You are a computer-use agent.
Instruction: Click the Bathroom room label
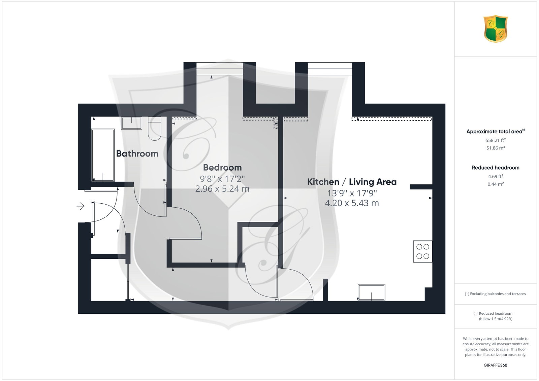tap(137, 153)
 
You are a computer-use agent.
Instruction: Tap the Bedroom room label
tap(222, 168)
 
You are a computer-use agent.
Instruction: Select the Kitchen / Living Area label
tap(352, 182)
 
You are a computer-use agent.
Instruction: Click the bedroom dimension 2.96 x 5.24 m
tap(222, 189)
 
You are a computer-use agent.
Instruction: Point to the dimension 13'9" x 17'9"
tap(352, 193)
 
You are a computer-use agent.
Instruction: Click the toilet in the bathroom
tap(155, 129)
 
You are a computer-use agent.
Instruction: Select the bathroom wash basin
tap(131, 123)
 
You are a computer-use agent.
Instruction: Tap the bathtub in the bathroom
tap(103, 155)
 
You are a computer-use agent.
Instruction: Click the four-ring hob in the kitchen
tap(422, 251)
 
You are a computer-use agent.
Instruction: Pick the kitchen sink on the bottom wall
tap(371, 292)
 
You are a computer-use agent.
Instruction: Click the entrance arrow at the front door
tap(81, 206)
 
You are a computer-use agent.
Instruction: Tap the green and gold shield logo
tap(496, 29)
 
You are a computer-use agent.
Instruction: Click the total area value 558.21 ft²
tap(496, 140)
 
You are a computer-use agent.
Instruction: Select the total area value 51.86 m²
tap(496, 148)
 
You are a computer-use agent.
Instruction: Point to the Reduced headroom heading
tap(496, 168)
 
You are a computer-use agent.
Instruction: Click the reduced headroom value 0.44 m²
tap(496, 184)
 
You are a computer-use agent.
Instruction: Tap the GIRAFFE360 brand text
tap(496, 365)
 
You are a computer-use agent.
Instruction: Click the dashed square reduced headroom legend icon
tap(475, 313)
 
